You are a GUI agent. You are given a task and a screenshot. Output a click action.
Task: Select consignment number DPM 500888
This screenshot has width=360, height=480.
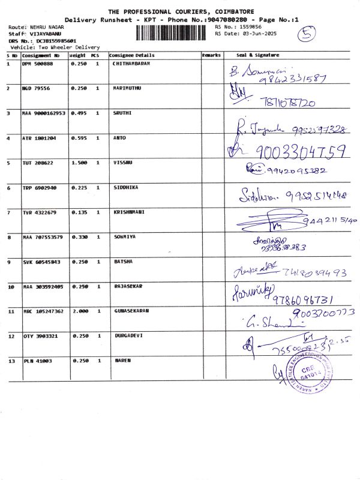[38, 63]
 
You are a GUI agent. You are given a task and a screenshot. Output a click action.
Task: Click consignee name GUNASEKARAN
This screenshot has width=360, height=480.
[131, 311]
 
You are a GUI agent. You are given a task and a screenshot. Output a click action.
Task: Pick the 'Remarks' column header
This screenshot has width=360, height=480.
[211, 55]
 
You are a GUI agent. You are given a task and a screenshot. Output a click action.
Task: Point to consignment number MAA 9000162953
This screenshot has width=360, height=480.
[44, 113]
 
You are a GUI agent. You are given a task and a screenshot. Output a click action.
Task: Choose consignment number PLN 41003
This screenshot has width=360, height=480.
[37, 361]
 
